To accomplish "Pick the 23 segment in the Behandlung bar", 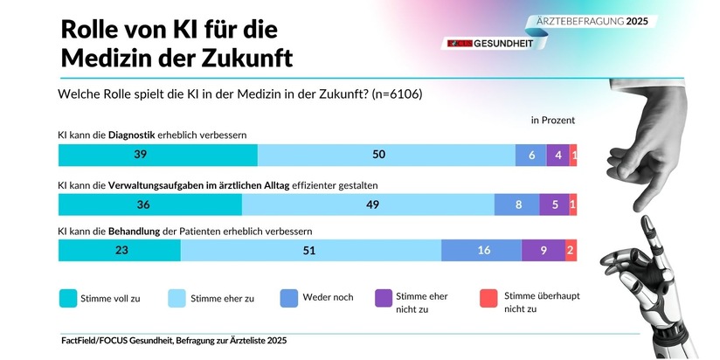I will tap(120, 250).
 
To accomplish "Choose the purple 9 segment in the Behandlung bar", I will tap(543, 250).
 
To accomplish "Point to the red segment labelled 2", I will tap(571, 250).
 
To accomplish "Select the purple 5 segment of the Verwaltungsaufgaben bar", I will tap(554, 204).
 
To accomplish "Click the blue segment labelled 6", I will tap(531, 155).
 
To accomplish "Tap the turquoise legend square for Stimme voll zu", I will tap(67, 298).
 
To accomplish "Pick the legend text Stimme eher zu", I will tap(222, 298).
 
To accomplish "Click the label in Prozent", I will tap(553, 120).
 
